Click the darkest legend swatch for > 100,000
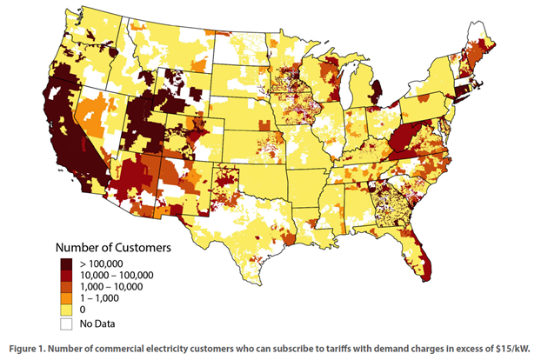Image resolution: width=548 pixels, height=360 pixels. pyautogui.click(x=66, y=263)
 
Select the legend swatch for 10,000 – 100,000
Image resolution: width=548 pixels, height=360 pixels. pyautogui.click(x=66, y=277)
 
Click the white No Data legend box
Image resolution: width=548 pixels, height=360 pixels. pyautogui.click(x=66, y=323)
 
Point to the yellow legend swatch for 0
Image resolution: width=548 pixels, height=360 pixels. pyautogui.click(x=66, y=310)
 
